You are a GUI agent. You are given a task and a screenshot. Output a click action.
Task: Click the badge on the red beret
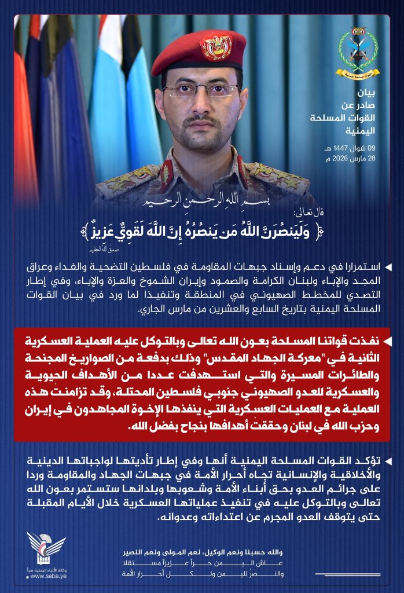pos(215,47)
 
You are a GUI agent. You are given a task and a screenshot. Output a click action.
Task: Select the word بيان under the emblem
pos(368,93)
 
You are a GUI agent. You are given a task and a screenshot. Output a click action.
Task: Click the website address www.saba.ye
pos(46,576)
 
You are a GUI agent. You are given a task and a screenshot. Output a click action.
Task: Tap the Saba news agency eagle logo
pos(46,547)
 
